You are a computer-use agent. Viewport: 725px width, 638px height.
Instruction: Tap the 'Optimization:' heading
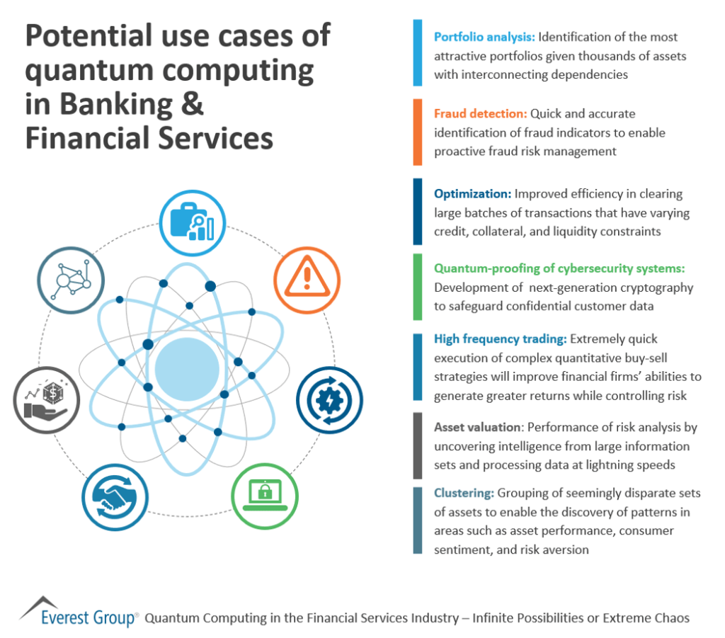[472, 194]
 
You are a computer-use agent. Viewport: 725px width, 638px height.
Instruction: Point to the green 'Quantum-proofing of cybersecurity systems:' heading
[559, 268]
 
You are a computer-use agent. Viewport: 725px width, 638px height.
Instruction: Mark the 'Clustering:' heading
[464, 493]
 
